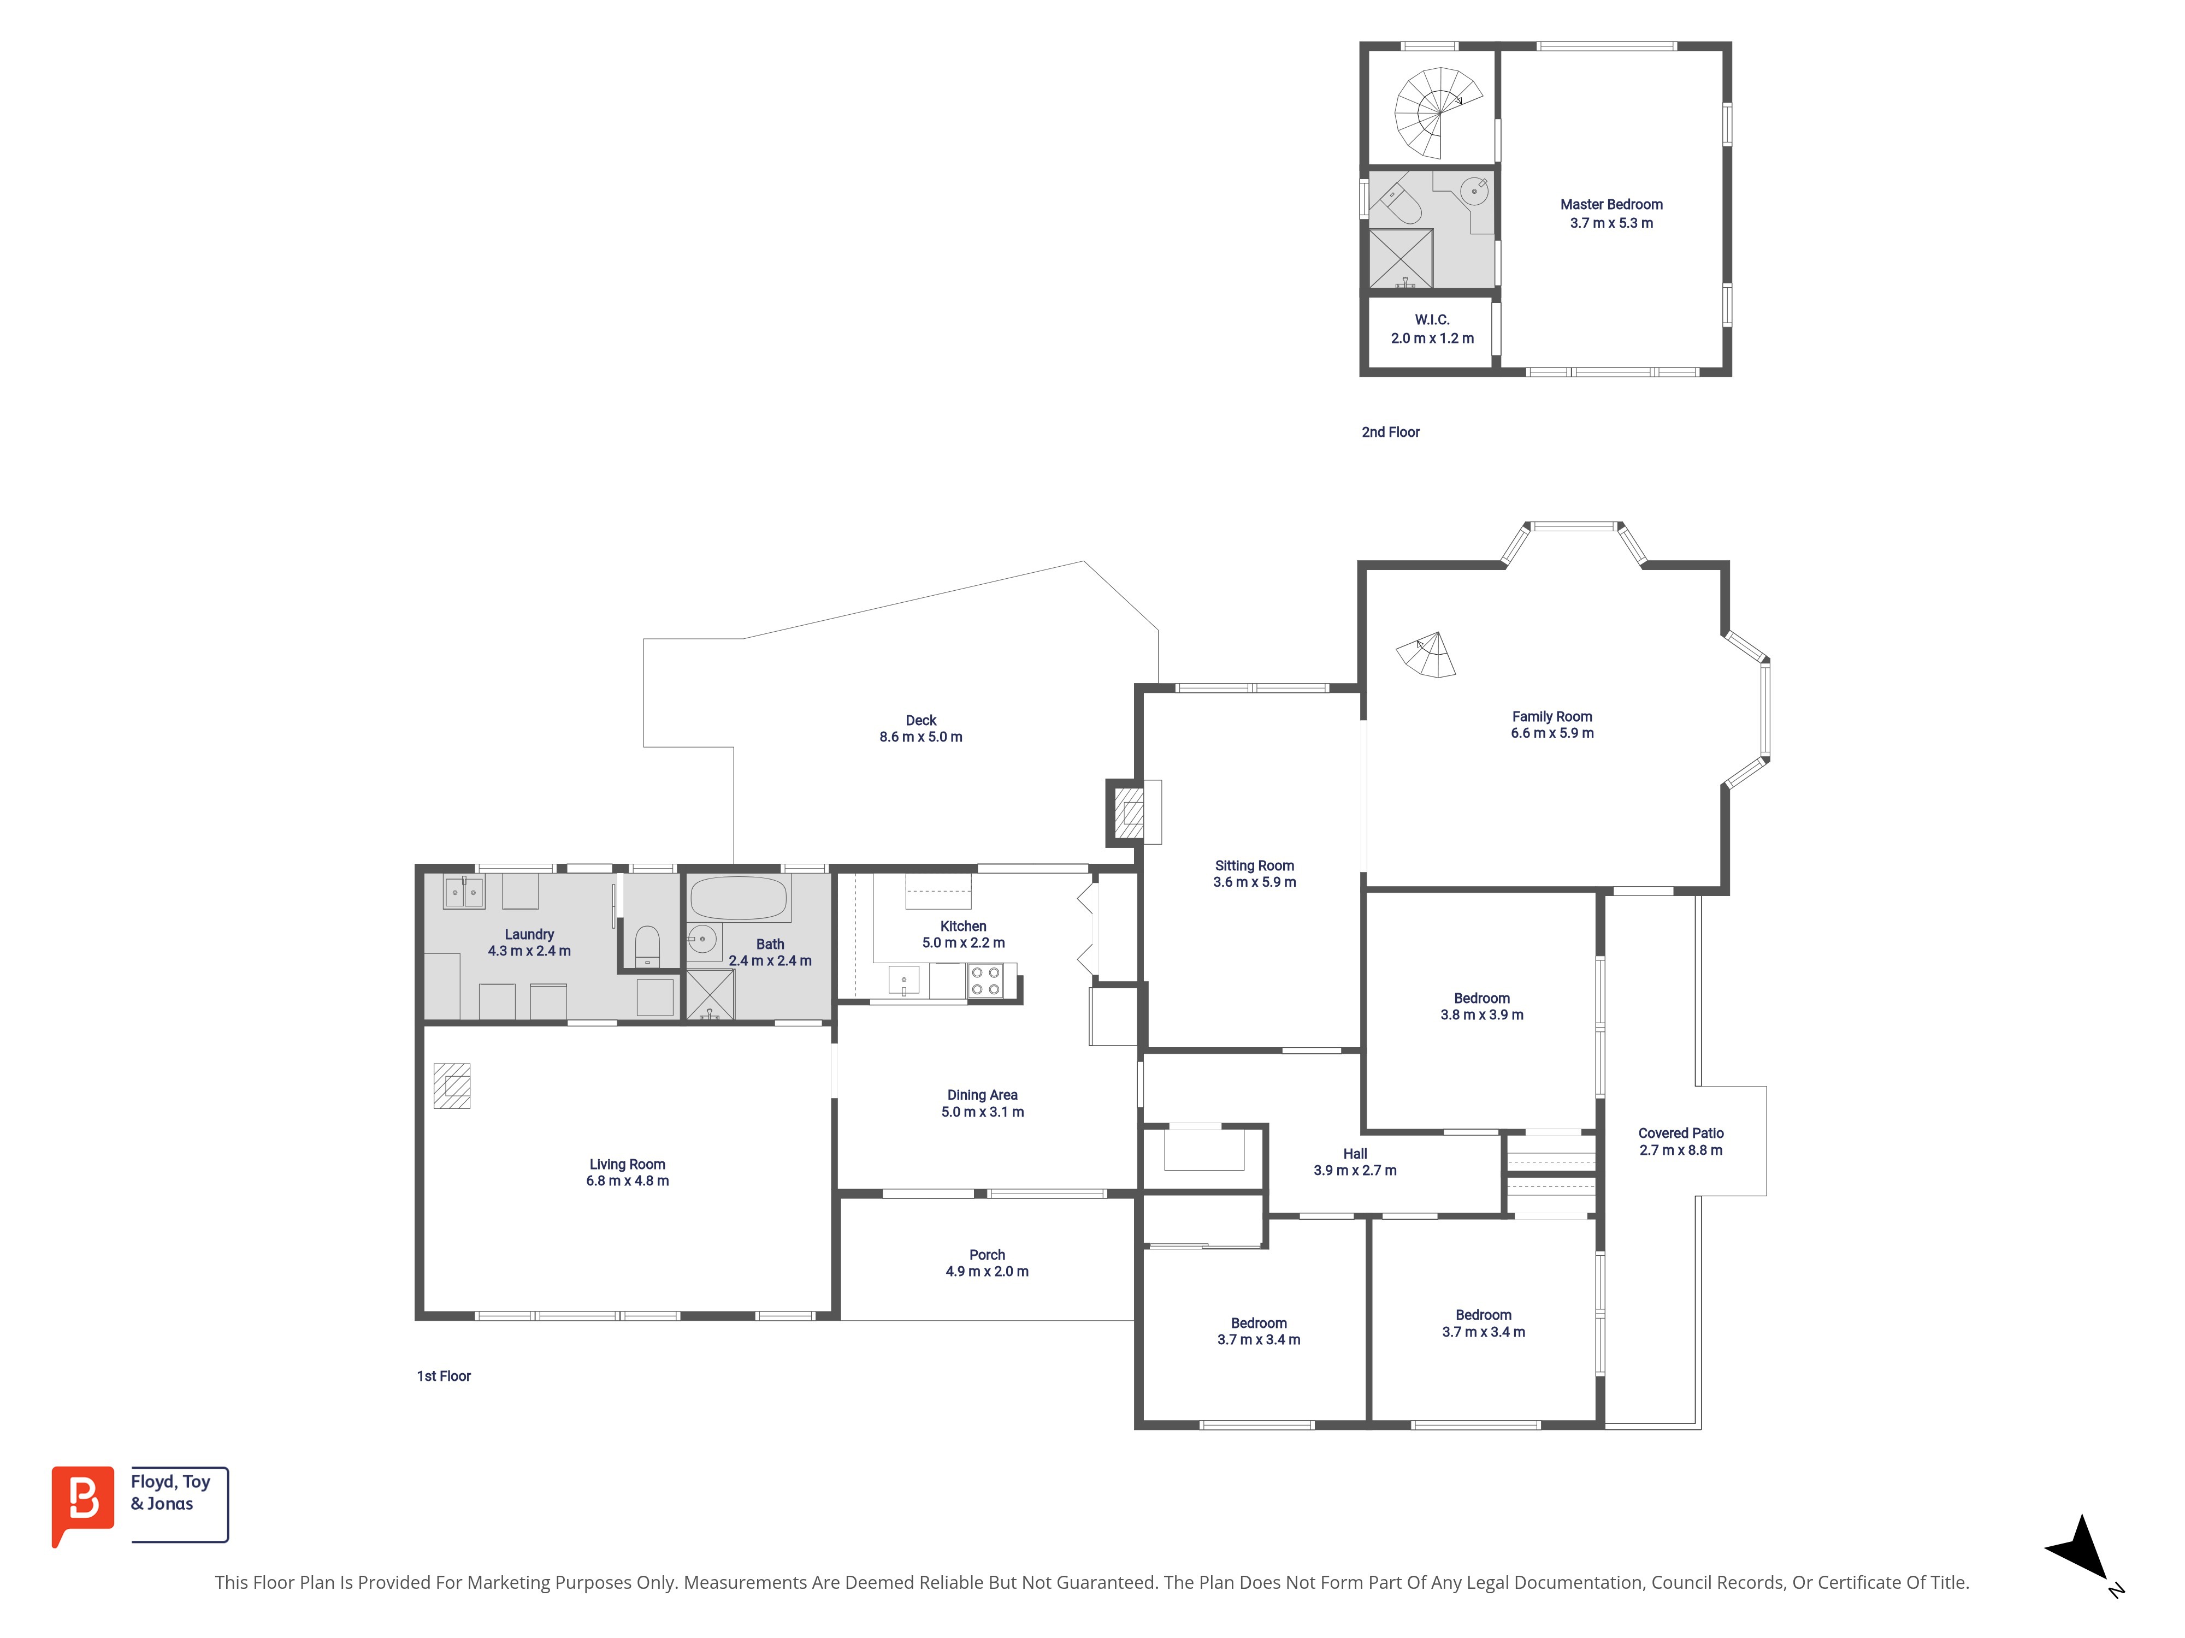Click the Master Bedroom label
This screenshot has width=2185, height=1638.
coord(1611,204)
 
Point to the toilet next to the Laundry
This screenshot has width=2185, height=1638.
coord(647,946)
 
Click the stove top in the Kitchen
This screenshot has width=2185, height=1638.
coord(986,981)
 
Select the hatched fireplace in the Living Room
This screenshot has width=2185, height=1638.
coord(451,1086)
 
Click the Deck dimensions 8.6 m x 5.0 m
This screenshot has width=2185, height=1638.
coord(920,737)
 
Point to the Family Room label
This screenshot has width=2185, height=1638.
coord(1552,717)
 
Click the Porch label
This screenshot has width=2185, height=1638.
coord(987,1255)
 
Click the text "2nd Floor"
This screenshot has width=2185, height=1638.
coord(1391,432)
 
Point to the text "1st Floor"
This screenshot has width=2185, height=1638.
coord(444,1376)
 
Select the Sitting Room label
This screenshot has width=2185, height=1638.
coord(1255,866)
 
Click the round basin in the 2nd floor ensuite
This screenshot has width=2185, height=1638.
coord(1474,191)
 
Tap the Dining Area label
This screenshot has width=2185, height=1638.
coord(982,1095)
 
